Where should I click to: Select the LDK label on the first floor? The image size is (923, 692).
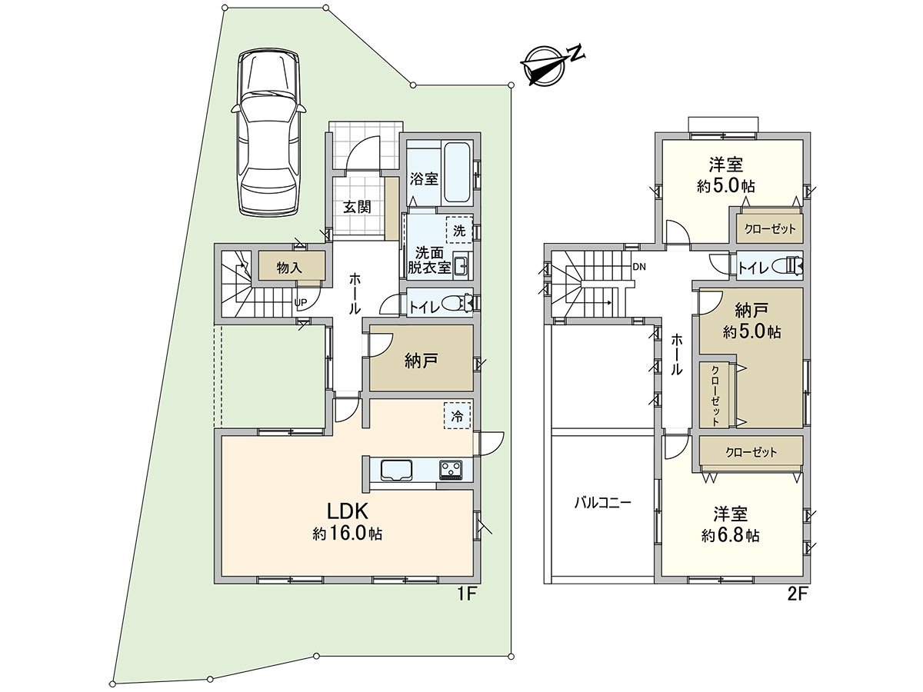click(348, 512)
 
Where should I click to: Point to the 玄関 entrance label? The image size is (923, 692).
click(357, 207)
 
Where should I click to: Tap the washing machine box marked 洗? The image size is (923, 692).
click(459, 230)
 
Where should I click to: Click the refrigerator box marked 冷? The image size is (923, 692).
click(457, 416)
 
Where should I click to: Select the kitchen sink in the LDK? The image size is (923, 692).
click(397, 470)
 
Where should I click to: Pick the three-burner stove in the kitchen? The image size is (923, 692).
click(452, 469)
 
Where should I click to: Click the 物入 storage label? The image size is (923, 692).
click(289, 268)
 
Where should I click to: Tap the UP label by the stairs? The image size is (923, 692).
click(301, 302)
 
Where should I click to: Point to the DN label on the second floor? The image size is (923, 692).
click(639, 266)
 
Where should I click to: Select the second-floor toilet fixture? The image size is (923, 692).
click(788, 265)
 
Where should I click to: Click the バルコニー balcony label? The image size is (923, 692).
click(602, 503)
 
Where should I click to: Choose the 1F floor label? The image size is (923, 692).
click(466, 594)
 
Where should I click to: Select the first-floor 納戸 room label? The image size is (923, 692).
click(421, 361)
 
